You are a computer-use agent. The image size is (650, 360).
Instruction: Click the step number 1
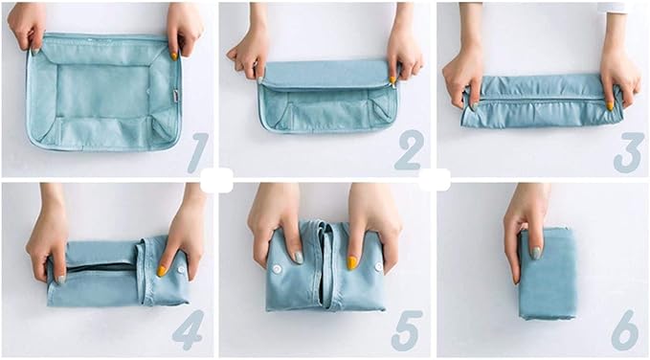point(198,152)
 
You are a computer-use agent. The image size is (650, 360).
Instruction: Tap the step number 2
point(409,150)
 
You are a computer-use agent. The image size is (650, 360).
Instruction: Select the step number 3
point(628,152)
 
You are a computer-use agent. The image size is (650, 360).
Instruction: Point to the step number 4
point(188,329)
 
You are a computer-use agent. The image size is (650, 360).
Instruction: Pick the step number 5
point(407,330)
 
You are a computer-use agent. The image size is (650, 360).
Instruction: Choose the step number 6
point(625,330)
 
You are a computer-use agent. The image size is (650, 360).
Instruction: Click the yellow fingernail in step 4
point(162,271)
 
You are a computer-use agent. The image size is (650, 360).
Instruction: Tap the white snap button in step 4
point(181,270)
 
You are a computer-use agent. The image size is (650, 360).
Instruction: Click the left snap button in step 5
point(277,270)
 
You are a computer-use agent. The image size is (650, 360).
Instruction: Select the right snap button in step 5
point(378,267)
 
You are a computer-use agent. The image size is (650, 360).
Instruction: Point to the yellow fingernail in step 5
point(352,262)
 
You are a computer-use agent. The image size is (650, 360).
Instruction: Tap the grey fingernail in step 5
point(299,258)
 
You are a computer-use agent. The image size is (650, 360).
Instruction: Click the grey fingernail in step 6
point(536,253)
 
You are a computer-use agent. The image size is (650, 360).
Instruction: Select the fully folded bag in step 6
point(548,273)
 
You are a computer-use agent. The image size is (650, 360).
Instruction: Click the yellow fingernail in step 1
point(174,56)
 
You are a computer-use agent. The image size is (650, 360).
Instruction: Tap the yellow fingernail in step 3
point(610,106)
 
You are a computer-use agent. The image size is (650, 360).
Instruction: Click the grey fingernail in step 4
point(61,280)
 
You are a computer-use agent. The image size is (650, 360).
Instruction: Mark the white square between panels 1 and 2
point(216,180)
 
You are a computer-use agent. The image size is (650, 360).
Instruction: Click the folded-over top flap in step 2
point(327,75)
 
